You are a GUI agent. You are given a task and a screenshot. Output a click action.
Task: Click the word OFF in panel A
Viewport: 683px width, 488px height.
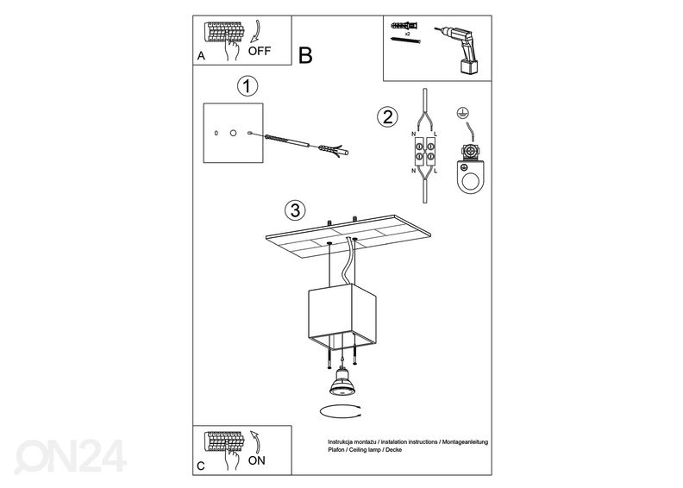point(260,51)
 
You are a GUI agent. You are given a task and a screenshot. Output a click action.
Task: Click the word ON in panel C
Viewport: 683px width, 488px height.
point(257,460)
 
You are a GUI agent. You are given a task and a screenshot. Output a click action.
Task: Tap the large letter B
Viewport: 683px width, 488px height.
point(305,56)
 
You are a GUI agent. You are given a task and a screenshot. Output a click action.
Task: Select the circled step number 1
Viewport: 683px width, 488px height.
point(247,86)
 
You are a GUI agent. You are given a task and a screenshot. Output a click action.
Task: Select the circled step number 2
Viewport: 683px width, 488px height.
point(387,117)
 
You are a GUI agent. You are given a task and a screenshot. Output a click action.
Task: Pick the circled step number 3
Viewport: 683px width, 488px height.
point(295,210)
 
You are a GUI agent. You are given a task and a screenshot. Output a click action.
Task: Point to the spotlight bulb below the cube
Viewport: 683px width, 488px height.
point(342,382)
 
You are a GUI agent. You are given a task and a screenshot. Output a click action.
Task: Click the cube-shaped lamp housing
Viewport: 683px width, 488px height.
point(342,316)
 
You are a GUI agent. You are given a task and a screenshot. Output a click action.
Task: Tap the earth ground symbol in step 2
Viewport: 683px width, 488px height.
point(462,112)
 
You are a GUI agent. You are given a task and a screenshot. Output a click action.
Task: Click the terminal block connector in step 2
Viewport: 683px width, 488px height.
point(424,150)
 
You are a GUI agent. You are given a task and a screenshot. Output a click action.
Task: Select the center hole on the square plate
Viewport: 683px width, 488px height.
point(233,132)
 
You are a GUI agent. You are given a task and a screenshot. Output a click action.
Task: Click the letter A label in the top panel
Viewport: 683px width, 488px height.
point(201,56)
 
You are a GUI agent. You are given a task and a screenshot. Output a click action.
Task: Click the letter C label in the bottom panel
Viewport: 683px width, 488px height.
point(200,466)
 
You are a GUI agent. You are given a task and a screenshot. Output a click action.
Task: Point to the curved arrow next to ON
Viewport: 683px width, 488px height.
point(256,442)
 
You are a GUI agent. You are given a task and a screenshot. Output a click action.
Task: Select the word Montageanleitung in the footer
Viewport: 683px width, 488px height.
point(465,441)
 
